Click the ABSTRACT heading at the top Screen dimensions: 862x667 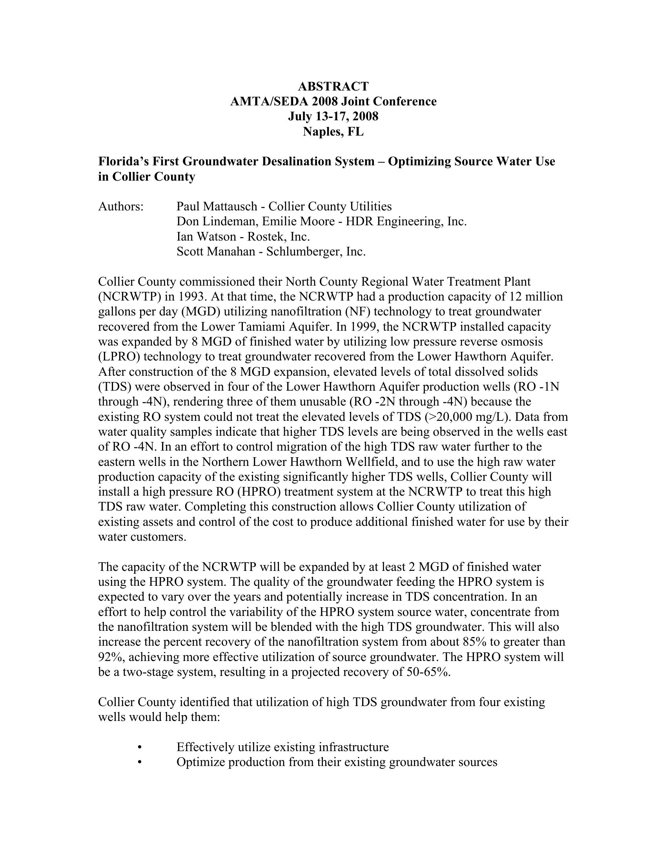(x=333, y=86)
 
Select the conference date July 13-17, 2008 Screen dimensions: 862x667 (x=333, y=116)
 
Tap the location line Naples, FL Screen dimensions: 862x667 (x=333, y=131)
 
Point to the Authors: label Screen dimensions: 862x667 (x=120, y=206)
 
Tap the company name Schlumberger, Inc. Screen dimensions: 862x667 (x=316, y=252)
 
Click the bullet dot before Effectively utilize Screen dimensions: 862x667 (x=140, y=747)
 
